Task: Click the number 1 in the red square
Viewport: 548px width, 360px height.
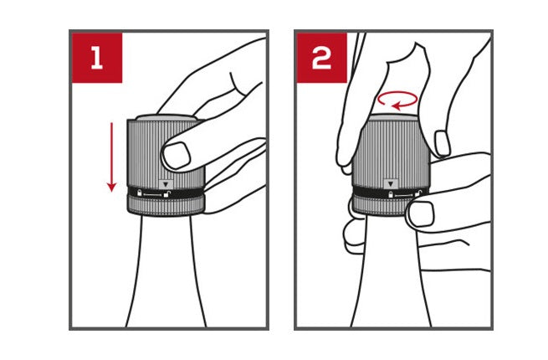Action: point(97,58)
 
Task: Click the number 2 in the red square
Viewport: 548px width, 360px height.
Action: point(321,58)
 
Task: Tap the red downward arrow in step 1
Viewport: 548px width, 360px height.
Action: point(111,157)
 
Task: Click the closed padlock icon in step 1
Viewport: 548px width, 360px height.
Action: point(140,193)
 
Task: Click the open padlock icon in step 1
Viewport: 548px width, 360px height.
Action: point(167,194)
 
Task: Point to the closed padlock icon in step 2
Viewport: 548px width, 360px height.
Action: point(391,194)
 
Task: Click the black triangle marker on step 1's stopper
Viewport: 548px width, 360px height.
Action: point(166,184)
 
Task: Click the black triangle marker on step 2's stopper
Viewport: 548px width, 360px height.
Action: point(391,184)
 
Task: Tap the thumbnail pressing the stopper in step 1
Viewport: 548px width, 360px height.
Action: point(177,156)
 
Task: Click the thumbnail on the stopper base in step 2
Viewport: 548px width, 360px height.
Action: point(422,213)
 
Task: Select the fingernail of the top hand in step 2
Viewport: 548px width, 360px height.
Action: point(443,143)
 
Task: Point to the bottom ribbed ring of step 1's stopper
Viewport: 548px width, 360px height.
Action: point(166,206)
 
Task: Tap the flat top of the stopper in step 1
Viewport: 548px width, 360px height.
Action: point(166,118)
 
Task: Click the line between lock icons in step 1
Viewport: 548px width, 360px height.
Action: point(153,194)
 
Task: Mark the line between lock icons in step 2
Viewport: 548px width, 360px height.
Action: point(404,194)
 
